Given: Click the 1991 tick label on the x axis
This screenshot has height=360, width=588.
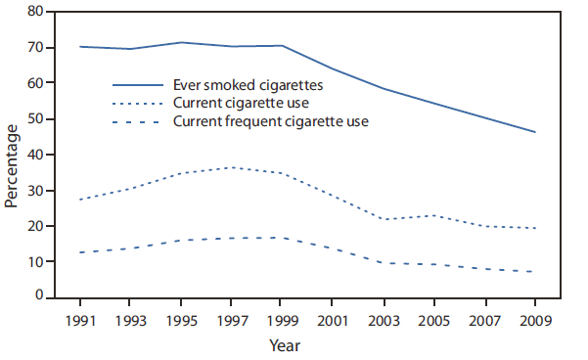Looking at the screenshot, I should tap(80, 319).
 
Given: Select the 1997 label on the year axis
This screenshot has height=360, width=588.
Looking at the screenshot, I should tap(232, 319).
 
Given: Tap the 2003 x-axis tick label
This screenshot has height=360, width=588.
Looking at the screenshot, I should tap(384, 319).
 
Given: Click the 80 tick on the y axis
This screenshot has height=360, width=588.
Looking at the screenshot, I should tap(35, 12).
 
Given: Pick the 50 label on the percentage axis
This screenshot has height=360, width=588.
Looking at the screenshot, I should tap(35, 119).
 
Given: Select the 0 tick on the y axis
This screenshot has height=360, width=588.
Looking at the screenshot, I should tap(39, 295).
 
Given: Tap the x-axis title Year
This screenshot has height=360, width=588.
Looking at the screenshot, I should tap(285, 345).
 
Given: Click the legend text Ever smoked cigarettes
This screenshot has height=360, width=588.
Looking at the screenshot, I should tap(248, 85).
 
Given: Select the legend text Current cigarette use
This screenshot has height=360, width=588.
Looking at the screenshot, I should tap(241, 103).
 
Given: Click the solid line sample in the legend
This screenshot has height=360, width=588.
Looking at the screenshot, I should tap(137, 86).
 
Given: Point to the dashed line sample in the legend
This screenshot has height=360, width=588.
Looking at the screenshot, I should tap(137, 122).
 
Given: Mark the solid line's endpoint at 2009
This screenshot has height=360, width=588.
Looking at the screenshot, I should tap(535, 132).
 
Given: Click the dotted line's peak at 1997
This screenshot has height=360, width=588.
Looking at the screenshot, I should tap(232, 167).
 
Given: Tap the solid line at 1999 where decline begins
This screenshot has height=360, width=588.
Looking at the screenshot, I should tap(283, 46).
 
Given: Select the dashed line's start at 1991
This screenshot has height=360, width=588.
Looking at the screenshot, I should tap(80, 252).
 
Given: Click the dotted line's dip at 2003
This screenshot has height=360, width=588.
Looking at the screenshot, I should tap(384, 219).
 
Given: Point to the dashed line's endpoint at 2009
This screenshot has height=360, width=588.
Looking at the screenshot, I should tap(535, 272).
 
